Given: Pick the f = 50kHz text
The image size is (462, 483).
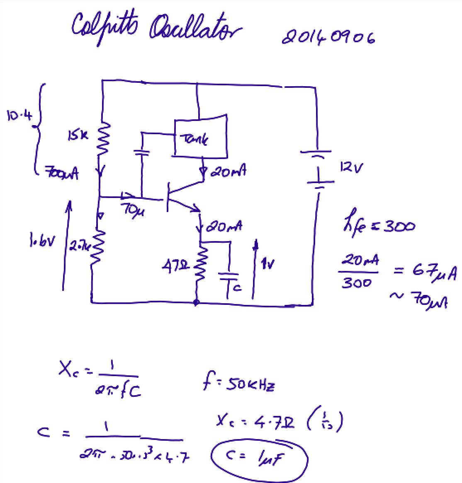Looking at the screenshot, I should (x=239, y=384).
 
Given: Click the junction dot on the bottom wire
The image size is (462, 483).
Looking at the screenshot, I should (x=196, y=303).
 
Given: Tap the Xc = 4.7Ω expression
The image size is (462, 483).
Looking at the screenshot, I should (x=257, y=423).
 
